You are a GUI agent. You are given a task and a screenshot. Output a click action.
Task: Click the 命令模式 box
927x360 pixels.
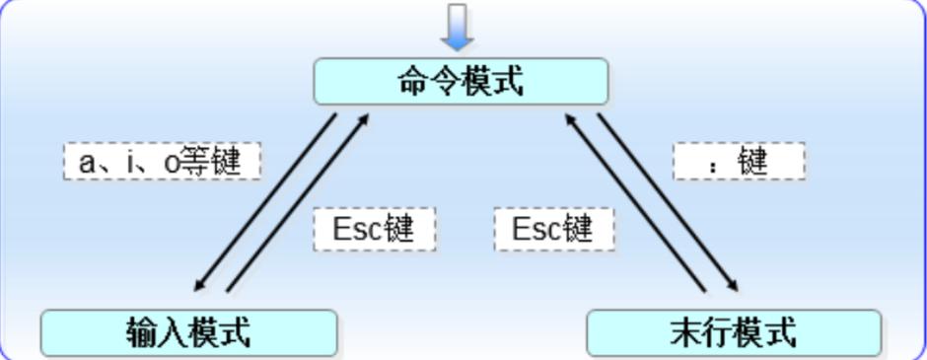coord(461,82)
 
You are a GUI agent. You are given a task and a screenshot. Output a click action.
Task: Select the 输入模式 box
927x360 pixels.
coord(188,333)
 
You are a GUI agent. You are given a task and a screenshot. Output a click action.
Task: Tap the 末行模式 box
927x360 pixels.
coord(734,333)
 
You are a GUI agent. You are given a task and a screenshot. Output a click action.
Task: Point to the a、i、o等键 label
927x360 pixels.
coord(161,162)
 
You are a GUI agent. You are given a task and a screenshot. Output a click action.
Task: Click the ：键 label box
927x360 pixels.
coord(739,162)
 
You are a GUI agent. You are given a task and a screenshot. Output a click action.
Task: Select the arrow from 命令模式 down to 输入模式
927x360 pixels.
coord(264,203)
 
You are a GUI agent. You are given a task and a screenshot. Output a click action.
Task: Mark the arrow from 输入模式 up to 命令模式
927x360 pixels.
coord(299,202)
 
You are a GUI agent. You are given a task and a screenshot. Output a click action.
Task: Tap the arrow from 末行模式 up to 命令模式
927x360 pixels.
coord(635,202)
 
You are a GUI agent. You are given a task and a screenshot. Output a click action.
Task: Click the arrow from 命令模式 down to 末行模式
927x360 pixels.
coord(669,203)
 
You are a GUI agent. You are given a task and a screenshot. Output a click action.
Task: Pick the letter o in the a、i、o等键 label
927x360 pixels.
coord(171,163)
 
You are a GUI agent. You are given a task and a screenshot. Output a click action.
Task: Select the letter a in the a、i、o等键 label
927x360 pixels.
coord(87,163)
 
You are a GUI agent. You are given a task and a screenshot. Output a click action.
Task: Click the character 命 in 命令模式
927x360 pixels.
coord(413,82)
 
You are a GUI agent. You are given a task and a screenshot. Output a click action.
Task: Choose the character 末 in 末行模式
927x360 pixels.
coord(686,333)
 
